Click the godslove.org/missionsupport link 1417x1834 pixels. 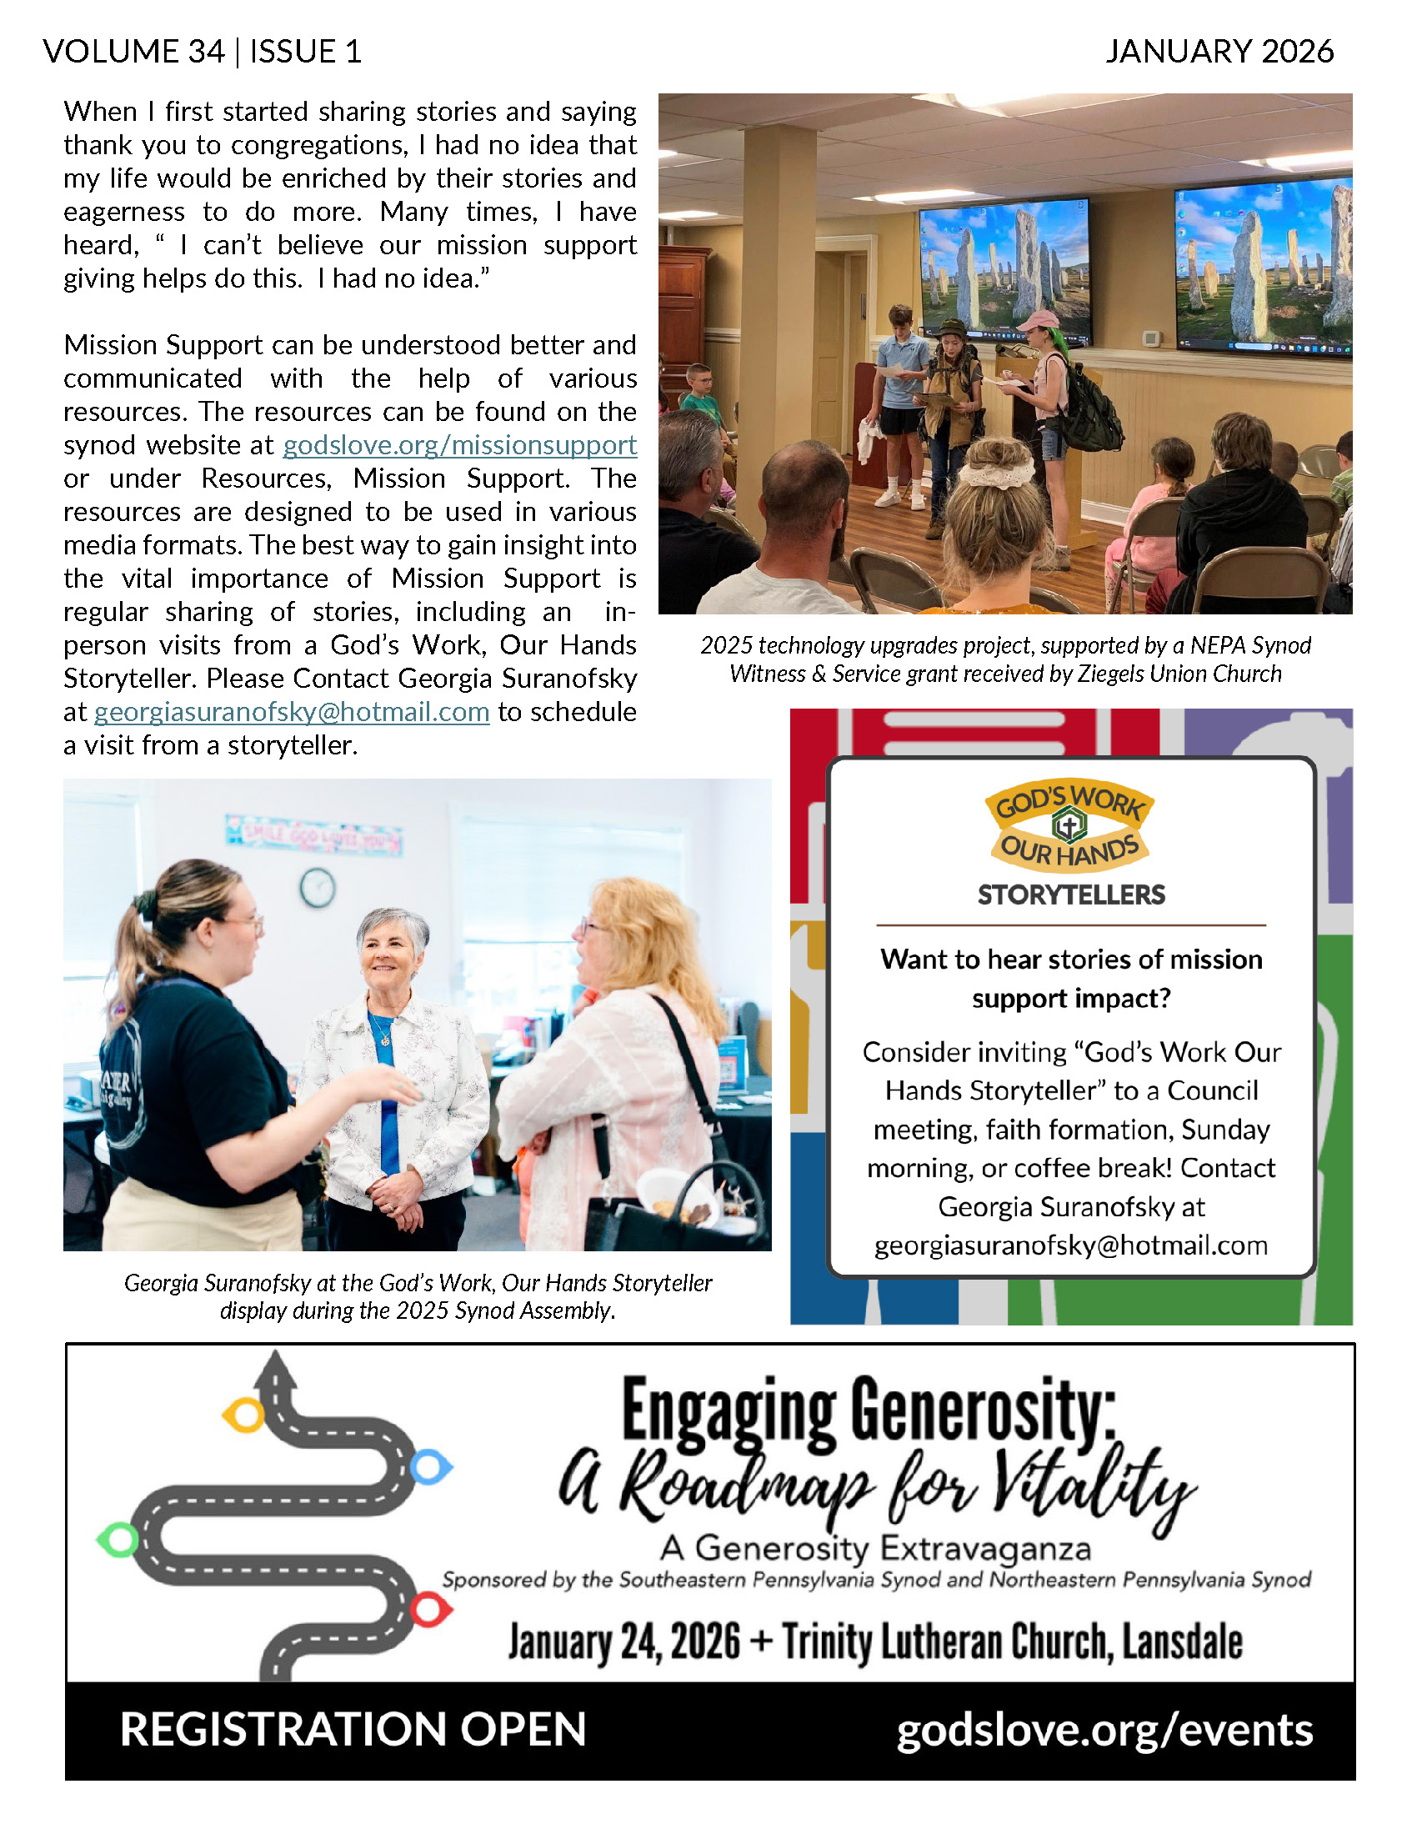[x=459, y=445]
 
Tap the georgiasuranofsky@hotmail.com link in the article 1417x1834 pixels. [x=291, y=712]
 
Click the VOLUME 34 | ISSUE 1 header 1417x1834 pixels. [x=203, y=52]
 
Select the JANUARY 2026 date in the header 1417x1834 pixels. [x=1219, y=52]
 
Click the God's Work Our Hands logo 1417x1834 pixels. [x=1069, y=825]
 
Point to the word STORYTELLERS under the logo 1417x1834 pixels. [x=1071, y=895]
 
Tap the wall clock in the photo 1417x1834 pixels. [x=318, y=888]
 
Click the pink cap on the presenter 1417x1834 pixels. [x=1039, y=321]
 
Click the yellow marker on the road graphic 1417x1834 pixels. [x=243, y=1415]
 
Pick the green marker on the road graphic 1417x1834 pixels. [x=118, y=1540]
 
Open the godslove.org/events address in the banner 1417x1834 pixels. [x=1104, y=1730]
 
